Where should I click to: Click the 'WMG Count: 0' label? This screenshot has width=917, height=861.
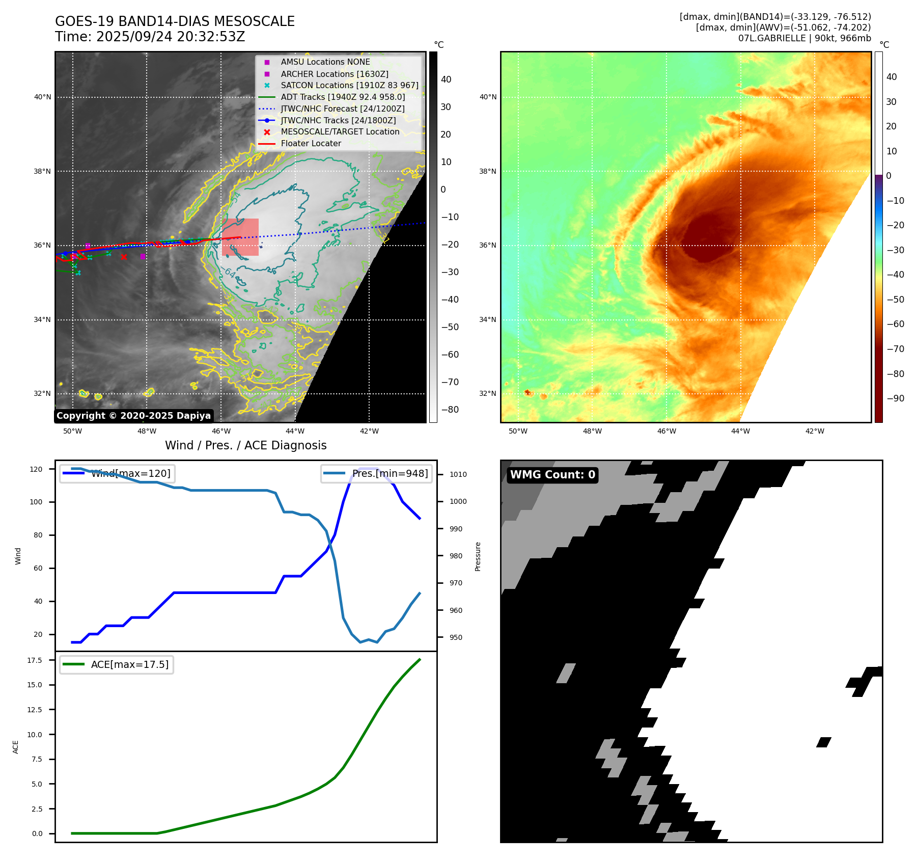click(x=552, y=475)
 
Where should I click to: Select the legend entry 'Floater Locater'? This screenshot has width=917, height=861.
click(x=311, y=144)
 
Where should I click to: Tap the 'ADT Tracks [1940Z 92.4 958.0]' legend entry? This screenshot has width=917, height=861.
click(x=343, y=97)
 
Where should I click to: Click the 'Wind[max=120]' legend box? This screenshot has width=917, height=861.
click(x=117, y=473)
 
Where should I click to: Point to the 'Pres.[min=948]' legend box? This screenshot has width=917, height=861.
click(x=376, y=473)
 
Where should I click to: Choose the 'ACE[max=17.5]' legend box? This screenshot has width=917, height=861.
click(x=117, y=664)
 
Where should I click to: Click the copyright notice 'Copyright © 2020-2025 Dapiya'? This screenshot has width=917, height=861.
click(x=133, y=416)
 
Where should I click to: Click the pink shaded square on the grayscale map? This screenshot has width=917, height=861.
click(x=240, y=237)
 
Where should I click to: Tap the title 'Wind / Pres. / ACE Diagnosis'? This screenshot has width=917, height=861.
click(x=245, y=445)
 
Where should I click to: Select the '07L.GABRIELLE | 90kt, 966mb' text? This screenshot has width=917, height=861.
click(x=804, y=38)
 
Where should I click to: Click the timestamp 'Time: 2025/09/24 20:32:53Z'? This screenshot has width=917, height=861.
click(x=150, y=37)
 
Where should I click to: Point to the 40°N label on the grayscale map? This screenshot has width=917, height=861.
click(x=43, y=97)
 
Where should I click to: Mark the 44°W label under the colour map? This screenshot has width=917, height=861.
click(x=740, y=431)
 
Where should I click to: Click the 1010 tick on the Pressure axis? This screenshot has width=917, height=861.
click(x=458, y=474)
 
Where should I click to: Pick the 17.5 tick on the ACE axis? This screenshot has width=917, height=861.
click(x=35, y=660)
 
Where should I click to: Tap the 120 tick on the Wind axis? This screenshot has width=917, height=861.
click(x=36, y=469)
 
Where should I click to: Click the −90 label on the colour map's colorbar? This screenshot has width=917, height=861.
click(x=895, y=398)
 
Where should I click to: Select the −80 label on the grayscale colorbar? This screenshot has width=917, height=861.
click(x=450, y=410)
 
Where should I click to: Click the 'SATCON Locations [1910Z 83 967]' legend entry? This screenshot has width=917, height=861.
click(x=349, y=86)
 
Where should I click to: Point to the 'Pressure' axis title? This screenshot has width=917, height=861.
click(x=478, y=556)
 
